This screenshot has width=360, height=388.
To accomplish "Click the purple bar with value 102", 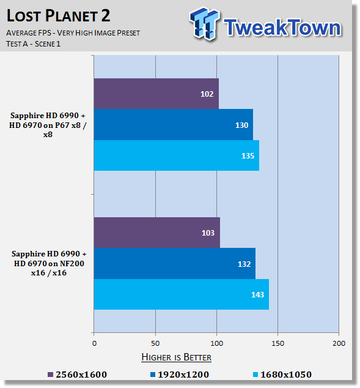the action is pyautogui.click(x=156, y=94).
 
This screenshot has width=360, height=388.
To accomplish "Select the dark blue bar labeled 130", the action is pyautogui.click(x=174, y=125).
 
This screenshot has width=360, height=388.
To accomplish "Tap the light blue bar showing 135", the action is pyautogui.click(x=177, y=155).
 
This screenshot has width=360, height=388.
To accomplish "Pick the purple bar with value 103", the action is pyautogui.click(x=157, y=233).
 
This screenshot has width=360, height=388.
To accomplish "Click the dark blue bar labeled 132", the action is pyautogui.click(x=175, y=264).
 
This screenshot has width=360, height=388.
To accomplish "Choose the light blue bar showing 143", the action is pyautogui.click(x=182, y=294).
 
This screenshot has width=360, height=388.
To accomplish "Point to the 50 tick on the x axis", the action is pyautogui.click(x=155, y=343).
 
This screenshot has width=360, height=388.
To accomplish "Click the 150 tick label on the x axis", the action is pyautogui.click(x=277, y=343).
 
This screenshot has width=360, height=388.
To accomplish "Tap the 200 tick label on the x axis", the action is pyautogui.click(x=339, y=343).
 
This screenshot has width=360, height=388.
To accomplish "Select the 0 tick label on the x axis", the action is pyautogui.click(x=94, y=343).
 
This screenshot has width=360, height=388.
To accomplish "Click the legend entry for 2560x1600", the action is pyautogui.click(x=78, y=375).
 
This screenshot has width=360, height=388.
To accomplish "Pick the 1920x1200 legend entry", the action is pyautogui.click(x=180, y=375).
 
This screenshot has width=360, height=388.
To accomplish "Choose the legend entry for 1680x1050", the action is pyautogui.click(x=282, y=375).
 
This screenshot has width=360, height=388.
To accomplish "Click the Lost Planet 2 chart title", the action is pyautogui.click(x=58, y=15).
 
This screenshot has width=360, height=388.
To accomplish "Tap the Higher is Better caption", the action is pyautogui.click(x=177, y=357).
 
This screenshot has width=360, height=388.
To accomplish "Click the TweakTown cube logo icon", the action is pyautogui.click(x=205, y=23).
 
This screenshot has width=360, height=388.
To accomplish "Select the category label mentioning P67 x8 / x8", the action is pyautogui.click(x=48, y=125).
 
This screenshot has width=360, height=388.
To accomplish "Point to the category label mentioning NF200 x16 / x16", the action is pyautogui.click(x=49, y=263).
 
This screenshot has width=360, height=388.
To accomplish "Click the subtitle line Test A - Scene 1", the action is pyautogui.click(x=34, y=44).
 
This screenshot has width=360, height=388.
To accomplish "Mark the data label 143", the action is pyautogui.click(x=257, y=294).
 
